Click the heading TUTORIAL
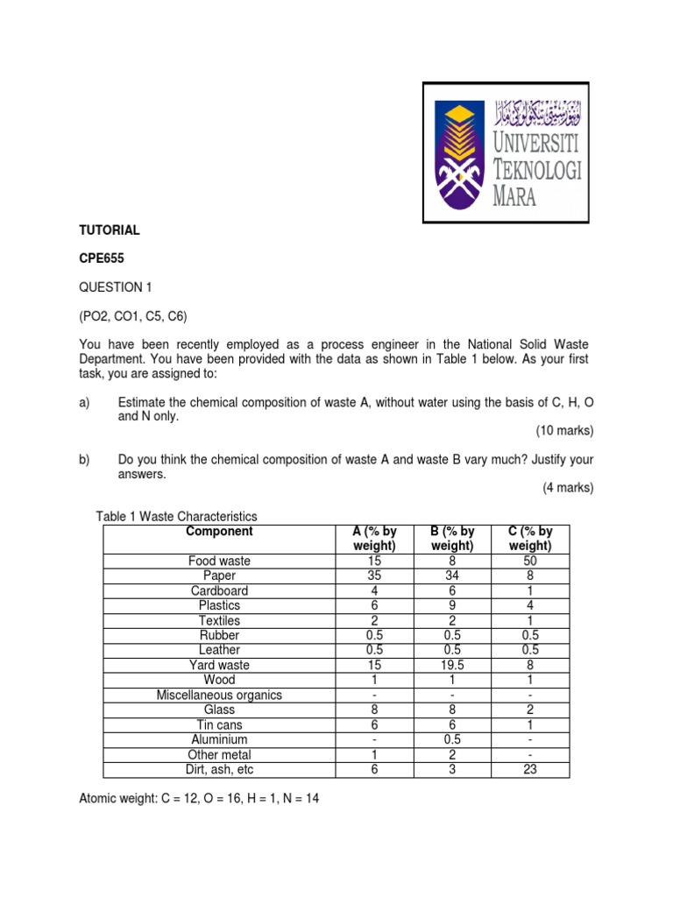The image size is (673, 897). point(110,230)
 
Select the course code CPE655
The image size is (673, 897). point(104,258)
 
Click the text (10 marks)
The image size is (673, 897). point(564,431)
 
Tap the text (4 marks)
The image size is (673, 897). point(567,488)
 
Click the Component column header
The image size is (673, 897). point(219,532)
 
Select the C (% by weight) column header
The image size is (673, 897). point(529,539)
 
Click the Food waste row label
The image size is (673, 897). point(219,561)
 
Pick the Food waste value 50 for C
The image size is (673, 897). point(529,561)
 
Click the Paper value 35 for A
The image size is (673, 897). point(374,576)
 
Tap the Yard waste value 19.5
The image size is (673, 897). point(452,665)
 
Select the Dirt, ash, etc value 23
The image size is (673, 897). point(529,770)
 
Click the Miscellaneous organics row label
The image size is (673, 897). point(219,696)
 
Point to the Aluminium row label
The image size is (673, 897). point(219,740)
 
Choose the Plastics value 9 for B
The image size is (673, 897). point(452,605)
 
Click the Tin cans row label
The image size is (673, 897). point(219,725)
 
